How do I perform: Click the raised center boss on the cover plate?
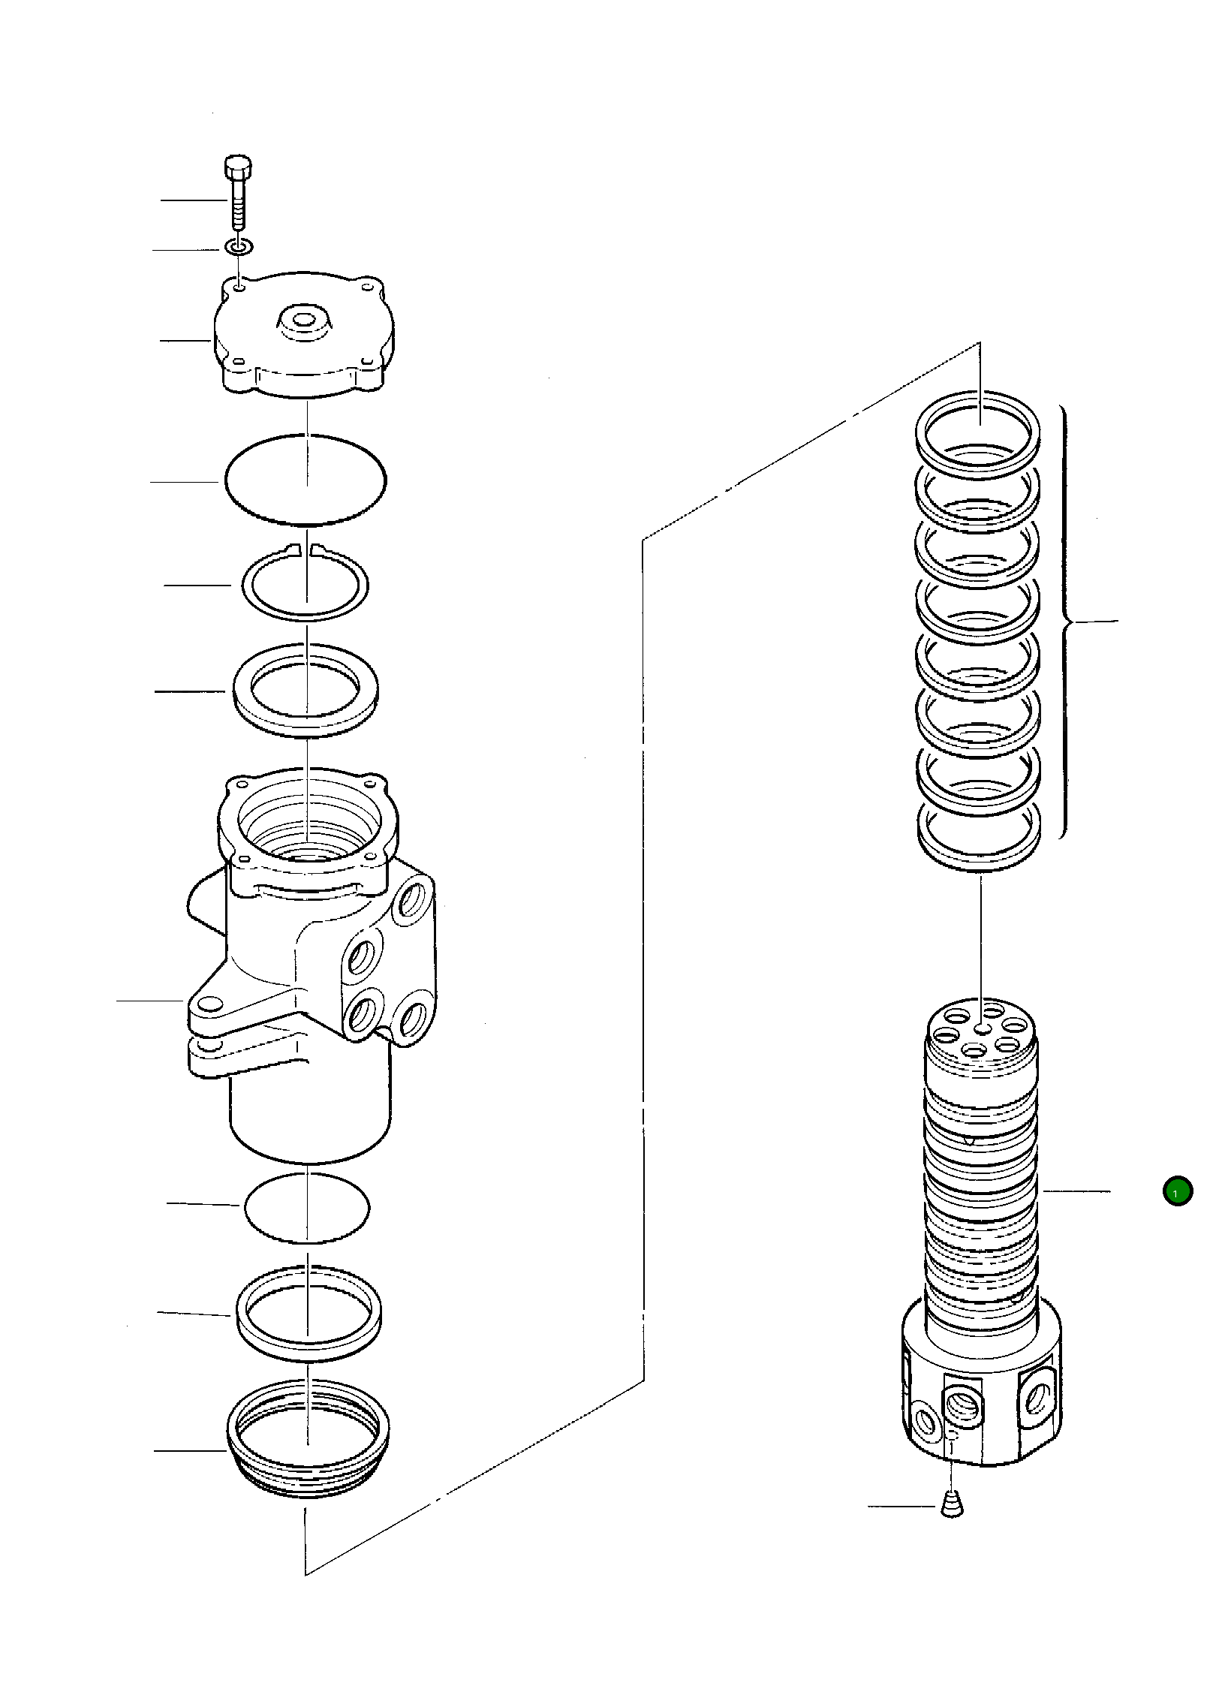pos(305,324)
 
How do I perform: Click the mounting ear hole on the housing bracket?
pos(210,1005)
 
